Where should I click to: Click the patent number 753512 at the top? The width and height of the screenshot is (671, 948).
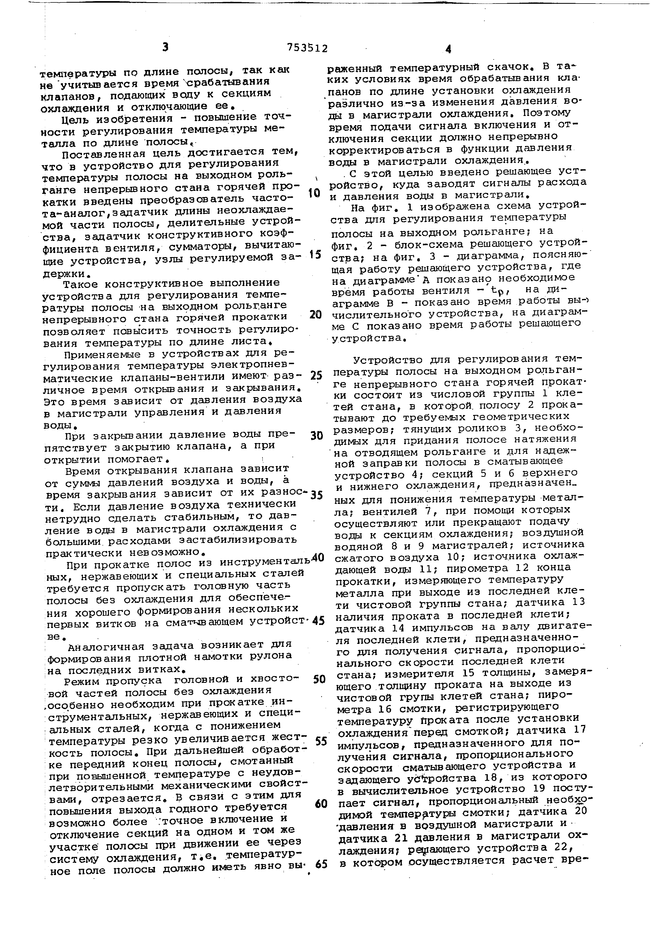click(x=307, y=48)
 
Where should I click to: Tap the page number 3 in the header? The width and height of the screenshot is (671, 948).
click(x=165, y=48)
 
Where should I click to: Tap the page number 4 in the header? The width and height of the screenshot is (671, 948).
click(x=448, y=49)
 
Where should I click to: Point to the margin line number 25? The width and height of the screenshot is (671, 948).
click(x=316, y=375)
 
